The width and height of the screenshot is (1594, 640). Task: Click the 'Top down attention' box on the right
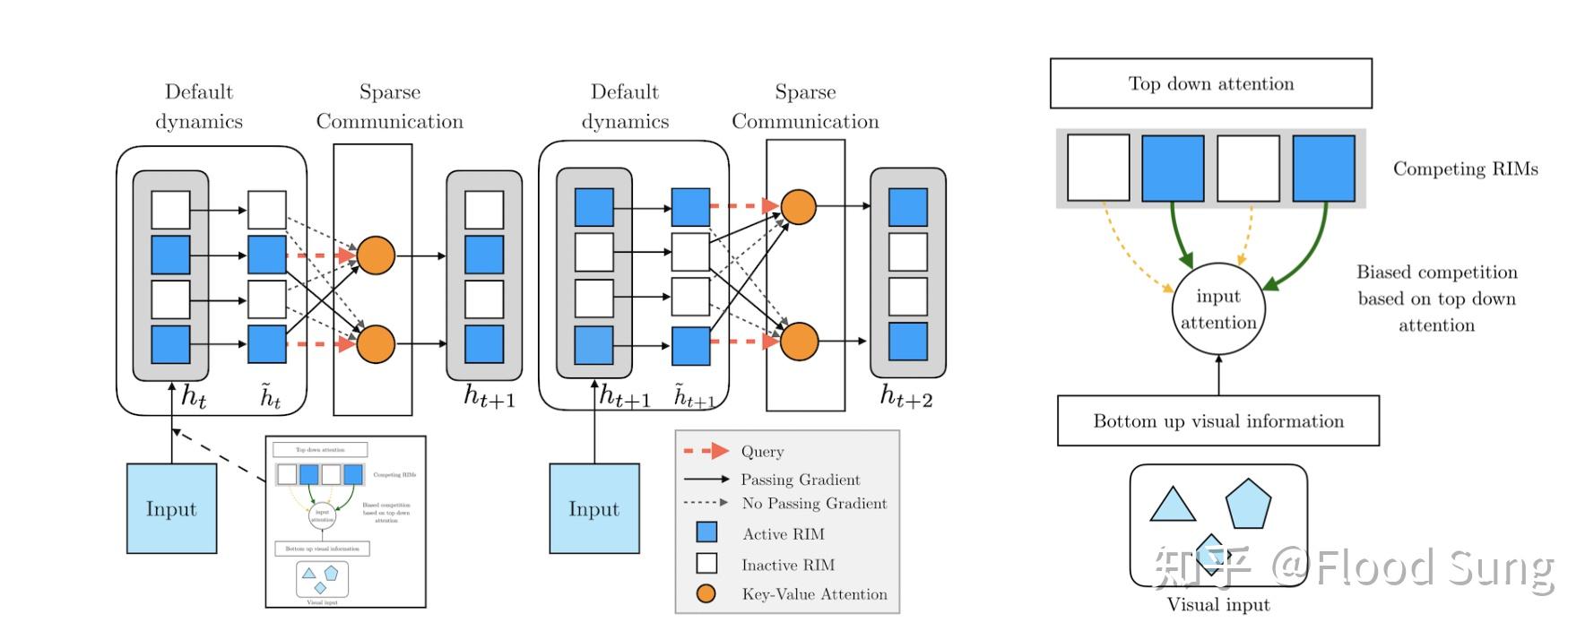pyautogui.click(x=1210, y=83)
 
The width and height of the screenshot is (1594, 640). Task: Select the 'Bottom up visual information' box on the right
pyautogui.click(x=1217, y=421)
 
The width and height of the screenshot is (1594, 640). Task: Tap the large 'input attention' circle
pyautogui.click(x=1217, y=309)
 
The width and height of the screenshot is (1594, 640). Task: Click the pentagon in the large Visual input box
pyautogui.click(x=1248, y=504)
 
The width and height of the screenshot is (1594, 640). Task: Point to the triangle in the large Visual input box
pyautogui.click(x=1172, y=506)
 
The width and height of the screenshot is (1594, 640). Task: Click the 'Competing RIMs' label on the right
pyautogui.click(x=1465, y=169)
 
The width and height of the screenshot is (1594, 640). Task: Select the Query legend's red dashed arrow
pyautogui.click(x=706, y=451)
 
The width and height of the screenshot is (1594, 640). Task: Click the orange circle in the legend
pyautogui.click(x=706, y=593)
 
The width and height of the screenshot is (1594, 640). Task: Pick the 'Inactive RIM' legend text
pyautogui.click(x=787, y=565)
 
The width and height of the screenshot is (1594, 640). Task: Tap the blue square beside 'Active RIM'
pyautogui.click(x=706, y=532)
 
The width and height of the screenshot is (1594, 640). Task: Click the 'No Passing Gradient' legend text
pyautogui.click(x=814, y=504)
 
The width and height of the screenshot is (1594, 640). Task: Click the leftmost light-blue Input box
pyautogui.click(x=171, y=508)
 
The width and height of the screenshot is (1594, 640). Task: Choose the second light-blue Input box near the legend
pyautogui.click(x=593, y=508)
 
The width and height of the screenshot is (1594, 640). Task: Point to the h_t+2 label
pyautogui.click(x=906, y=395)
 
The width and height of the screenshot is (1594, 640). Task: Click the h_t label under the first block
pyautogui.click(x=194, y=395)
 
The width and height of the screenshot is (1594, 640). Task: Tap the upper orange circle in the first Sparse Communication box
pyautogui.click(x=376, y=255)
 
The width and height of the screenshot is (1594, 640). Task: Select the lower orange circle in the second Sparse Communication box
pyautogui.click(x=799, y=342)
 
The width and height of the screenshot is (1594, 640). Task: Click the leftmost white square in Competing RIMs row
pyautogui.click(x=1098, y=168)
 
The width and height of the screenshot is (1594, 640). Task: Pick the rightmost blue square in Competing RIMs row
pyautogui.click(x=1323, y=168)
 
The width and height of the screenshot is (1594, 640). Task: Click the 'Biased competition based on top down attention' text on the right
pyautogui.click(x=1436, y=298)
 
